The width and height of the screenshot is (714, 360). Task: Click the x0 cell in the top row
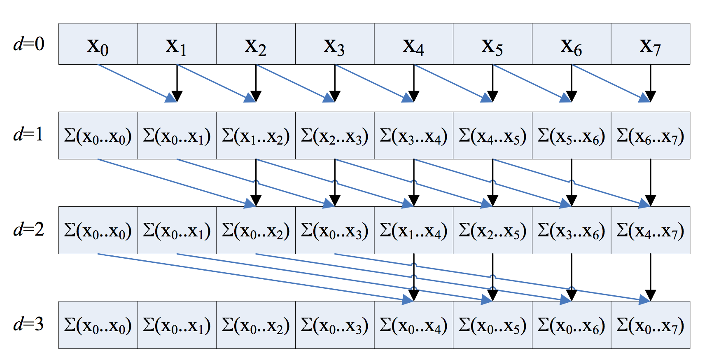click(98, 44)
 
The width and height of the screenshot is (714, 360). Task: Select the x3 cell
click(335, 44)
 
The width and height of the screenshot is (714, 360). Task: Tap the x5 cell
click(492, 44)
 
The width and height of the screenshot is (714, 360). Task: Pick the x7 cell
click(651, 44)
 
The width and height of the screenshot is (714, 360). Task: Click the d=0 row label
click(29, 44)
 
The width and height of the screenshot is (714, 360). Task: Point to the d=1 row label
click(29, 134)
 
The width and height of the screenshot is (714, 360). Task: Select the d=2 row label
click(29, 229)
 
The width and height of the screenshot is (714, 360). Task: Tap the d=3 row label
click(29, 324)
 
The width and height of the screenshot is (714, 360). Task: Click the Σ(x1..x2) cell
click(256, 136)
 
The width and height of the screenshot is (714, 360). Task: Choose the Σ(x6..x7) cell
click(651, 136)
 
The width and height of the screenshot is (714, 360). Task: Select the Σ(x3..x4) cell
click(414, 136)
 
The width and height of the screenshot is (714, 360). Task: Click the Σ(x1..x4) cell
click(414, 230)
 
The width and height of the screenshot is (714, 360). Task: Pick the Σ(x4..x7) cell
click(651, 230)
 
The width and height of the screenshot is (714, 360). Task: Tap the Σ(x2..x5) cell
click(492, 230)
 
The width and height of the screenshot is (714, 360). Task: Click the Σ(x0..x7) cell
click(651, 325)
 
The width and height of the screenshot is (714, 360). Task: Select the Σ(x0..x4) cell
click(414, 325)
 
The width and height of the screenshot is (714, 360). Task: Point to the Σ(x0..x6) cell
click(572, 325)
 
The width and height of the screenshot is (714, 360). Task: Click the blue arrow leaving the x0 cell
click(136, 82)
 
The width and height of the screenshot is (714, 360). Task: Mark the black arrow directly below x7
click(651, 82)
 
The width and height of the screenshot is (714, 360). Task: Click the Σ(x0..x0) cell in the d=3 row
click(98, 325)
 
